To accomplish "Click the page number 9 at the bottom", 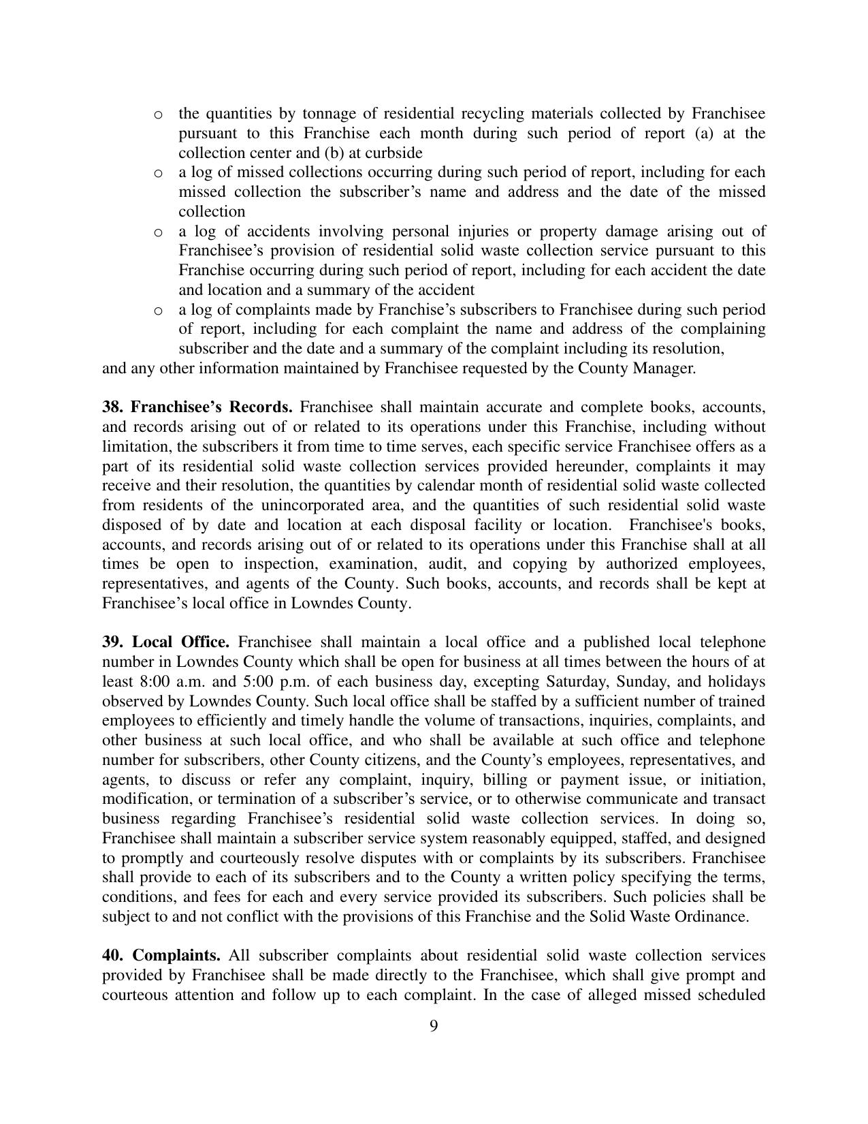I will coord(434,1026).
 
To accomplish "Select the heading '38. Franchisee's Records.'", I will coord(197,407).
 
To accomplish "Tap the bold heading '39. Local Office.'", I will coord(165,642).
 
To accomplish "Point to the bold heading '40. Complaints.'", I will coord(161,956).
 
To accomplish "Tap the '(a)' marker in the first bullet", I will coord(704,133).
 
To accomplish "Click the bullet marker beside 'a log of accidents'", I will coord(158,232).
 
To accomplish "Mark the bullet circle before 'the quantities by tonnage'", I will coord(158,114).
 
